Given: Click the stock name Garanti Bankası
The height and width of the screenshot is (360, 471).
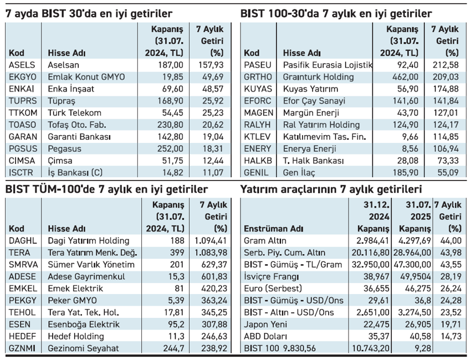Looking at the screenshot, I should click(x=80, y=137).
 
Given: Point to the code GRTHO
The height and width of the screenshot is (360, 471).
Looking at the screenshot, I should click(x=258, y=77).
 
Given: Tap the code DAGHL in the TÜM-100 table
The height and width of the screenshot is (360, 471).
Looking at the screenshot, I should click(x=22, y=240).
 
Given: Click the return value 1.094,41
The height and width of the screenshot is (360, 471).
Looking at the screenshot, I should click(x=211, y=240).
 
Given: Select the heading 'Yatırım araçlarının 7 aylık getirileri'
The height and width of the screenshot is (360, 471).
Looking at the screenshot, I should click(x=331, y=189).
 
